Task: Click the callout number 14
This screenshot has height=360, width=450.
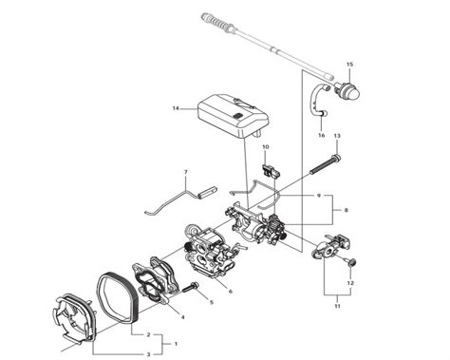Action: click(x=176, y=108)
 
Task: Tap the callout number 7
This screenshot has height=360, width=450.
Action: click(x=185, y=173)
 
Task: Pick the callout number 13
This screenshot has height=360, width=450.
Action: click(x=336, y=137)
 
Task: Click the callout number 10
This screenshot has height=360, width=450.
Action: click(x=266, y=147)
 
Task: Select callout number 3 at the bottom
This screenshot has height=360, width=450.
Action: click(x=146, y=353)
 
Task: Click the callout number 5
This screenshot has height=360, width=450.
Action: click(x=211, y=303)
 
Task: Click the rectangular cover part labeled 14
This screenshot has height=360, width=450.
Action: click(x=232, y=111)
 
